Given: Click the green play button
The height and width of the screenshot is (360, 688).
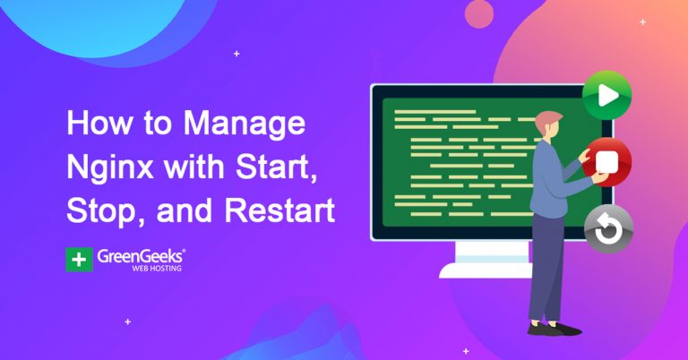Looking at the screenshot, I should pyautogui.click(x=606, y=95).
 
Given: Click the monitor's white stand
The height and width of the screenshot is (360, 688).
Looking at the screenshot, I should pyautogui.click(x=488, y=261).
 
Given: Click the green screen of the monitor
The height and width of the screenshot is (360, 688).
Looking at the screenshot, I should pyautogui.click(x=457, y=161).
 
